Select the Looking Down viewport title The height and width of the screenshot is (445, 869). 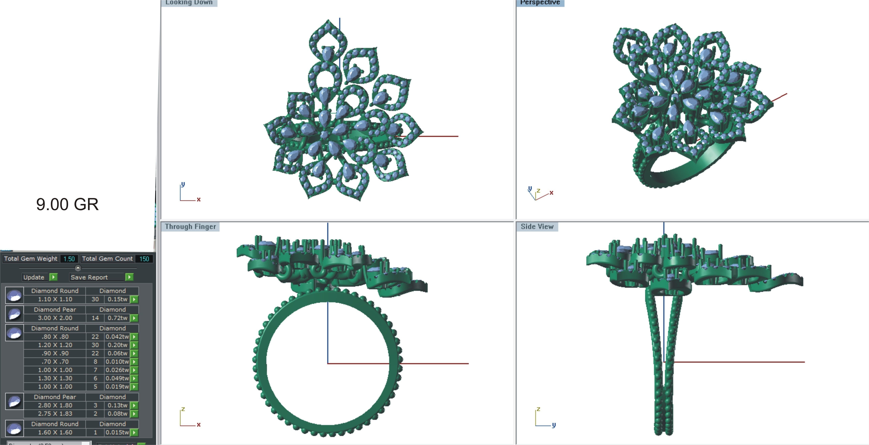189,3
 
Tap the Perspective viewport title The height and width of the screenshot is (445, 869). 540,3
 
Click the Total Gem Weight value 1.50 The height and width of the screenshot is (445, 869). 69,259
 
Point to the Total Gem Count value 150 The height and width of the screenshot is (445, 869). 144,259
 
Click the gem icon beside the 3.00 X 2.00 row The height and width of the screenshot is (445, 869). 14,314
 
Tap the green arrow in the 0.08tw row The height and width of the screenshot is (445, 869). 134,414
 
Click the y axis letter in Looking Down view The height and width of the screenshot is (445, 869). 183,184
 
